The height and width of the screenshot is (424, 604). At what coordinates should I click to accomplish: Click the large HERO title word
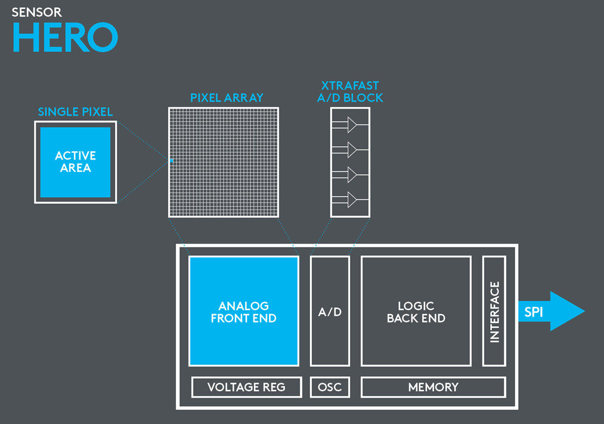click(x=64, y=37)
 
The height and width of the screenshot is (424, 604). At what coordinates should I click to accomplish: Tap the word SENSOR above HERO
click(x=36, y=12)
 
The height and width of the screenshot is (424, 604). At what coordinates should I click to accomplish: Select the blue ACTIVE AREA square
click(x=75, y=162)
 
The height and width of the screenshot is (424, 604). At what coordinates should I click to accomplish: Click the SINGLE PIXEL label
click(x=75, y=112)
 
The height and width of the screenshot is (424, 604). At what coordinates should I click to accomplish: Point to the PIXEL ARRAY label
click(x=227, y=98)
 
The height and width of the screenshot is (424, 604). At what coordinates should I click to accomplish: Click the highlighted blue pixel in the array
click(x=171, y=161)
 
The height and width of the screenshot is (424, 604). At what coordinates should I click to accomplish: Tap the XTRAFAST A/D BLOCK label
click(x=350, y=92)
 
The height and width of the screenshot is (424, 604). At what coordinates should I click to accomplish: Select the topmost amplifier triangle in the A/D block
click(x=352, y=124)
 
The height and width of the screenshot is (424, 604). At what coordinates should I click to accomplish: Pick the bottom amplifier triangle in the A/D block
click(x=352, y=198)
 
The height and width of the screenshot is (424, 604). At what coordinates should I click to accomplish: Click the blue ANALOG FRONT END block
click(x=243, y=311)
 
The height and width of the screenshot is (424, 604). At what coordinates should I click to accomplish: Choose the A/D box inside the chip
click(x=330, y=311)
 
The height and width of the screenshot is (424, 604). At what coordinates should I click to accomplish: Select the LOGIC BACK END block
click(x=416, y=311)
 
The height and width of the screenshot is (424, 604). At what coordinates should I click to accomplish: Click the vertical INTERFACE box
click(x=494, y=311)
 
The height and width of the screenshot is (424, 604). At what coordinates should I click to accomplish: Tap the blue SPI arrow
click(x=552, y=311)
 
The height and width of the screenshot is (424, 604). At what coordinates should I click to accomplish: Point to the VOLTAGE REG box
click(x=246, y=387)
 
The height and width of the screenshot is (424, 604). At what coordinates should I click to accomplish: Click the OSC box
click(x=330, y=387)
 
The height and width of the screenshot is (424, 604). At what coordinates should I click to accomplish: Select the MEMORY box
click(x=433, y=387)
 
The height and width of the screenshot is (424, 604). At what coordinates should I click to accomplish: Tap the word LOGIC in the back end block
click(x=416, y=306)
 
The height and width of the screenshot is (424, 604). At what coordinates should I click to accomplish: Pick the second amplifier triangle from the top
click(x=352, y=149)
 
